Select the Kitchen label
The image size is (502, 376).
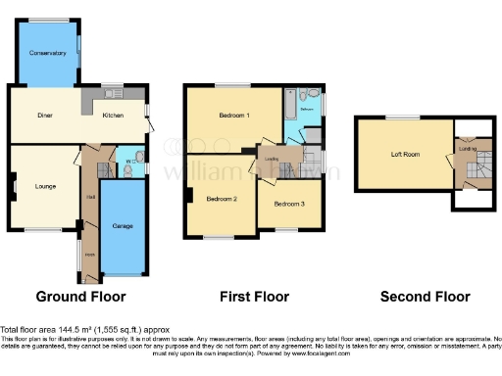(x=115, y=116)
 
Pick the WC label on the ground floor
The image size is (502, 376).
(x=129, y=160)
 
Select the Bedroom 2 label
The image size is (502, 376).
(x=222, y=199)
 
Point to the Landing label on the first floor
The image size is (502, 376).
(x=273, y=158)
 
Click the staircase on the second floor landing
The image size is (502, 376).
(x=474, y=170)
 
